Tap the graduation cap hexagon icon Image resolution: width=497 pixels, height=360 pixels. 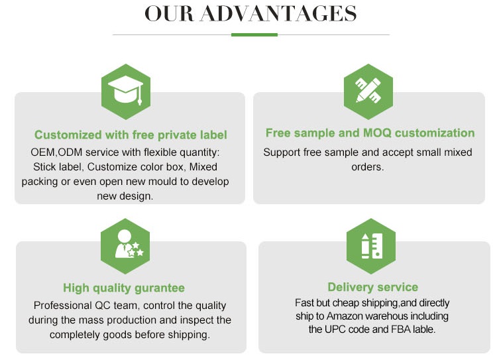coord(125,91)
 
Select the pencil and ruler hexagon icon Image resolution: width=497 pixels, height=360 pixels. coord(368,91)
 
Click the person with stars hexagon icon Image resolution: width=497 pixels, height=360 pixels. coord(125,246)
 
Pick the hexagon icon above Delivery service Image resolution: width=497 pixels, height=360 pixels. coord(370,246)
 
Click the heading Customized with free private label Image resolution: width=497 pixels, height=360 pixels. coord(131,135)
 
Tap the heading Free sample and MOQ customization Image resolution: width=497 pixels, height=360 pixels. coord(370,133)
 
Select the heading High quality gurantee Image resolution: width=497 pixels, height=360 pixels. coord(124,288)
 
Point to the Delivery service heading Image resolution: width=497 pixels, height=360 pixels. coord(372,287)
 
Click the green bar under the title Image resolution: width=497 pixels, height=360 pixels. coord(254,34)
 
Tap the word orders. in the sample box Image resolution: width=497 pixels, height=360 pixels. coord(368,167)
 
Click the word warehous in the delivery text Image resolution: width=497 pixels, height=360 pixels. coord(404,316)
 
